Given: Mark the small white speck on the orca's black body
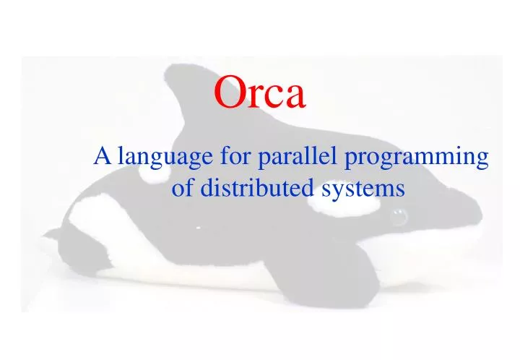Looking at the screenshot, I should pos(196,226).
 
